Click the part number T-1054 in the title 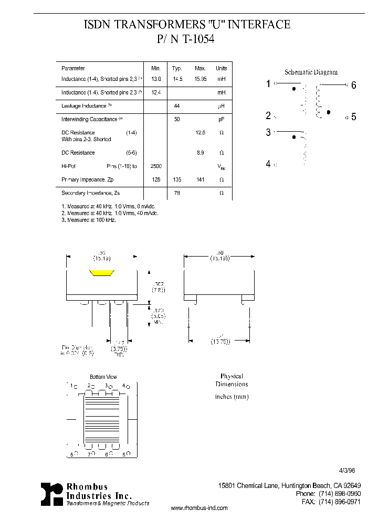(x=198, y=38)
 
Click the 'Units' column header (x=222, y=68)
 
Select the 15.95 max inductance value (x=200, y=79)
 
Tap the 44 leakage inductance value (x=177, y=106)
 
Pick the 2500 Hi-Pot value (x=156, y=166)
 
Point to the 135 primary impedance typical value (x=177, y=179)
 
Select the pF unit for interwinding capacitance (x=222, y=120)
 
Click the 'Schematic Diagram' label (x=311, y=72)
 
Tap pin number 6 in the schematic (x=354, y=85)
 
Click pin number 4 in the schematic (x=268, y=164)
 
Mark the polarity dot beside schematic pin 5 (x=329, y=112)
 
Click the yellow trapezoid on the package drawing (x=102, y=273)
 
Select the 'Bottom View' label (x=103, y=377)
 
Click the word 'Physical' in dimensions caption (x=232, y=376)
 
